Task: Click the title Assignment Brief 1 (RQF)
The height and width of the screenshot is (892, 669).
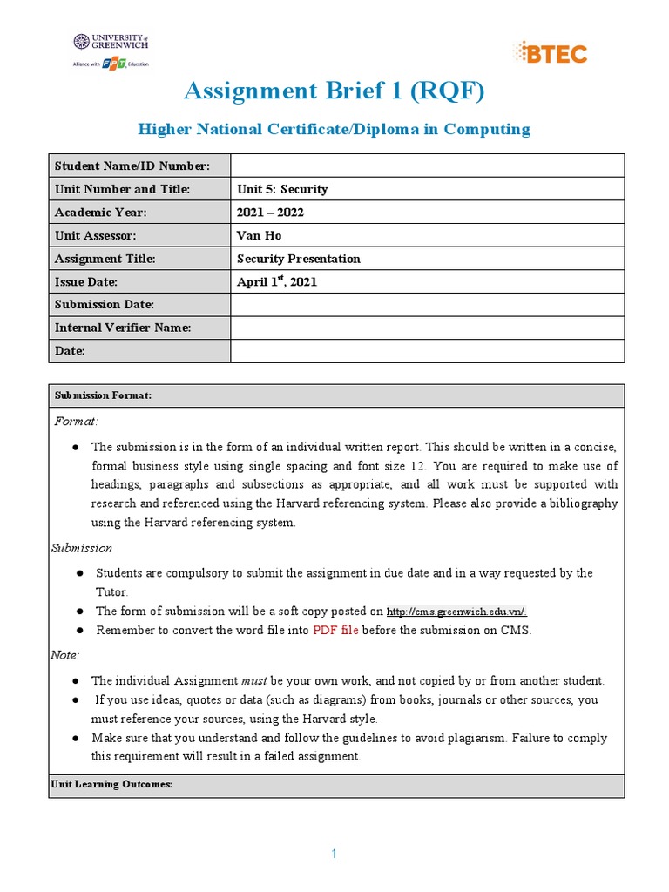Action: coord(334,91)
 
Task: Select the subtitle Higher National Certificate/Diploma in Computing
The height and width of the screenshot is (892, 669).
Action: coord(334,129)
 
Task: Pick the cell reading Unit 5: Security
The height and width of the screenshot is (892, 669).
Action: coord(282,189)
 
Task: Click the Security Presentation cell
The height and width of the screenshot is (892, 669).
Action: coord(298,259)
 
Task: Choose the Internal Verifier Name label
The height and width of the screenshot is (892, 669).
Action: coord(123,328)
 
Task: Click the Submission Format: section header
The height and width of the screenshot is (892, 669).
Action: coord(104,395)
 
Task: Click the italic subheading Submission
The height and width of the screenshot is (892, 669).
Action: coord(81,548)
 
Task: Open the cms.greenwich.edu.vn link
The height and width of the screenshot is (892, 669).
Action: coord(456,612)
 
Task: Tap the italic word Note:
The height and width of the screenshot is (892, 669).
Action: coord(67,654)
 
